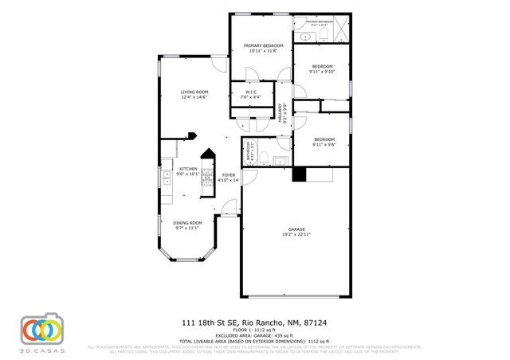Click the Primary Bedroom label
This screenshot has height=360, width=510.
pyautogui.click(x=264, y=49)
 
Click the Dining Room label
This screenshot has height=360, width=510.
pyautogui.click(x=189, y=225)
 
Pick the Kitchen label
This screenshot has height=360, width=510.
pyautogui.click(x=188, y=171)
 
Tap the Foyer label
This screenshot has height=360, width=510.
pyautogui.click(x=229, y=177)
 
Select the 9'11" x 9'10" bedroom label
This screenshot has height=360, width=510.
pyautogui.click(x=322, y=68)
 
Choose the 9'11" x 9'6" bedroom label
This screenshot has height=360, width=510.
pyautogui.click(x=322, y=142)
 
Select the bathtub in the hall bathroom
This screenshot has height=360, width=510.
pyautogui.click(x=248, y=151)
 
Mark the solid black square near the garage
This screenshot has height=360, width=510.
pyautogui.click(x=299, y=175)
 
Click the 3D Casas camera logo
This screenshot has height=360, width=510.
pyautogui.click(x=41, y=330)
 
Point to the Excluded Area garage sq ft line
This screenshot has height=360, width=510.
pyautogui.click(x=254, y=335)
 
